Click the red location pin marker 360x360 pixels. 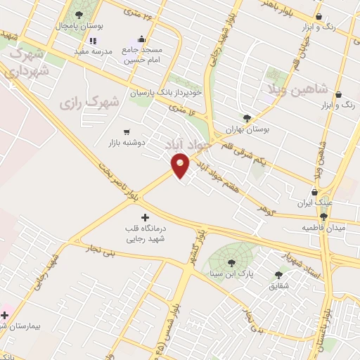click(181, 165)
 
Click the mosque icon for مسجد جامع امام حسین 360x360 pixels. click(134, 41)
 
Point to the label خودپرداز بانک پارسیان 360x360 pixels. click(166, 92)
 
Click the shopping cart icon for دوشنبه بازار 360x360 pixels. click(127, 131)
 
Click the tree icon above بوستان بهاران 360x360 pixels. click(246, 117)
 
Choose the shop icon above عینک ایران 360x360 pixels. click(314, 192)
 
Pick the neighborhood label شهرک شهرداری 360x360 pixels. click(28, 62)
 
